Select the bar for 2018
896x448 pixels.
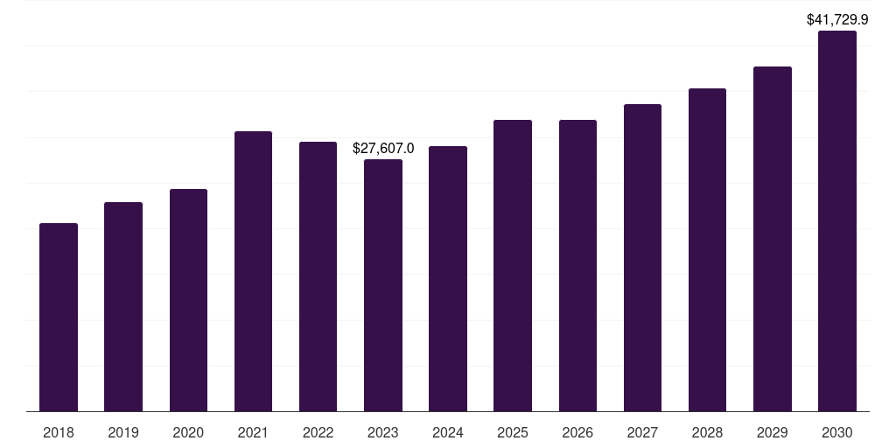tap(59, 317)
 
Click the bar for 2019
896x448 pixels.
tap(123, 307)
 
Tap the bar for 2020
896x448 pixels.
tap(189, 300)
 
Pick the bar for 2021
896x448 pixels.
tap(253, 271)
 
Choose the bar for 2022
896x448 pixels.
tap(318, 276)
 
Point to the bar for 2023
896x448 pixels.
tap(383, 285)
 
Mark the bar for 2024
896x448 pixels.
tap(448, 279)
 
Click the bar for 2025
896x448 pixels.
tap(513, 266)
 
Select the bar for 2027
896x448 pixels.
tap(642, 258)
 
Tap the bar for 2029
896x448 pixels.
tap(773, 239)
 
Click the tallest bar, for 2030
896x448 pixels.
tap(837, 221)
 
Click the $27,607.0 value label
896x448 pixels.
tap(383, 149)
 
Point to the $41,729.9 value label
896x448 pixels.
tap(837, 19)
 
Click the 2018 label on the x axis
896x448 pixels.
tap(59, 432)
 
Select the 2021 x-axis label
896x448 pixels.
tap(253, 432)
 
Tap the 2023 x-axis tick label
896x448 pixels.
tap(383, 432)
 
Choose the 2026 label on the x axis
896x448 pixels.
tap(577, 432)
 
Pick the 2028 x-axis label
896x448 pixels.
tap(707, 432)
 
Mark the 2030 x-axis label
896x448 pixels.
tap(837, 432)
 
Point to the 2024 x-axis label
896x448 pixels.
tap(448, 432)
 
